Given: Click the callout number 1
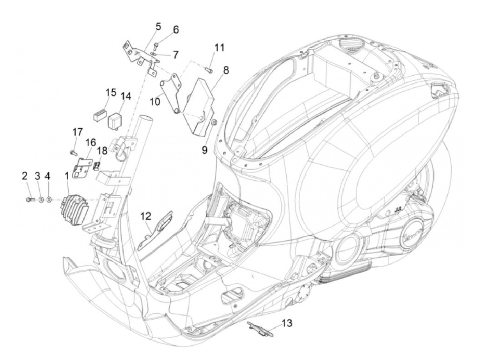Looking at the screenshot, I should pos(67,176).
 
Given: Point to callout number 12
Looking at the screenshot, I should pos(145,216).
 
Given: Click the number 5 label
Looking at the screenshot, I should pos(158,26).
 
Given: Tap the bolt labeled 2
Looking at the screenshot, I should pos(29,198).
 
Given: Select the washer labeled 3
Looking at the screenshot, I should pos(40,199).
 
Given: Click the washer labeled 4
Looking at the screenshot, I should pos(49,199).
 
